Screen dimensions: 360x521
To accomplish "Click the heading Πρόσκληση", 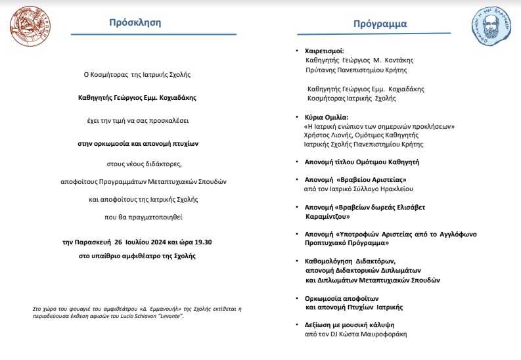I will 135,22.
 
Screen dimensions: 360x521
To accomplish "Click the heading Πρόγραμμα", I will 380,24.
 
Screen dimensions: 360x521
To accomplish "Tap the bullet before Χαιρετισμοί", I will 298,51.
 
